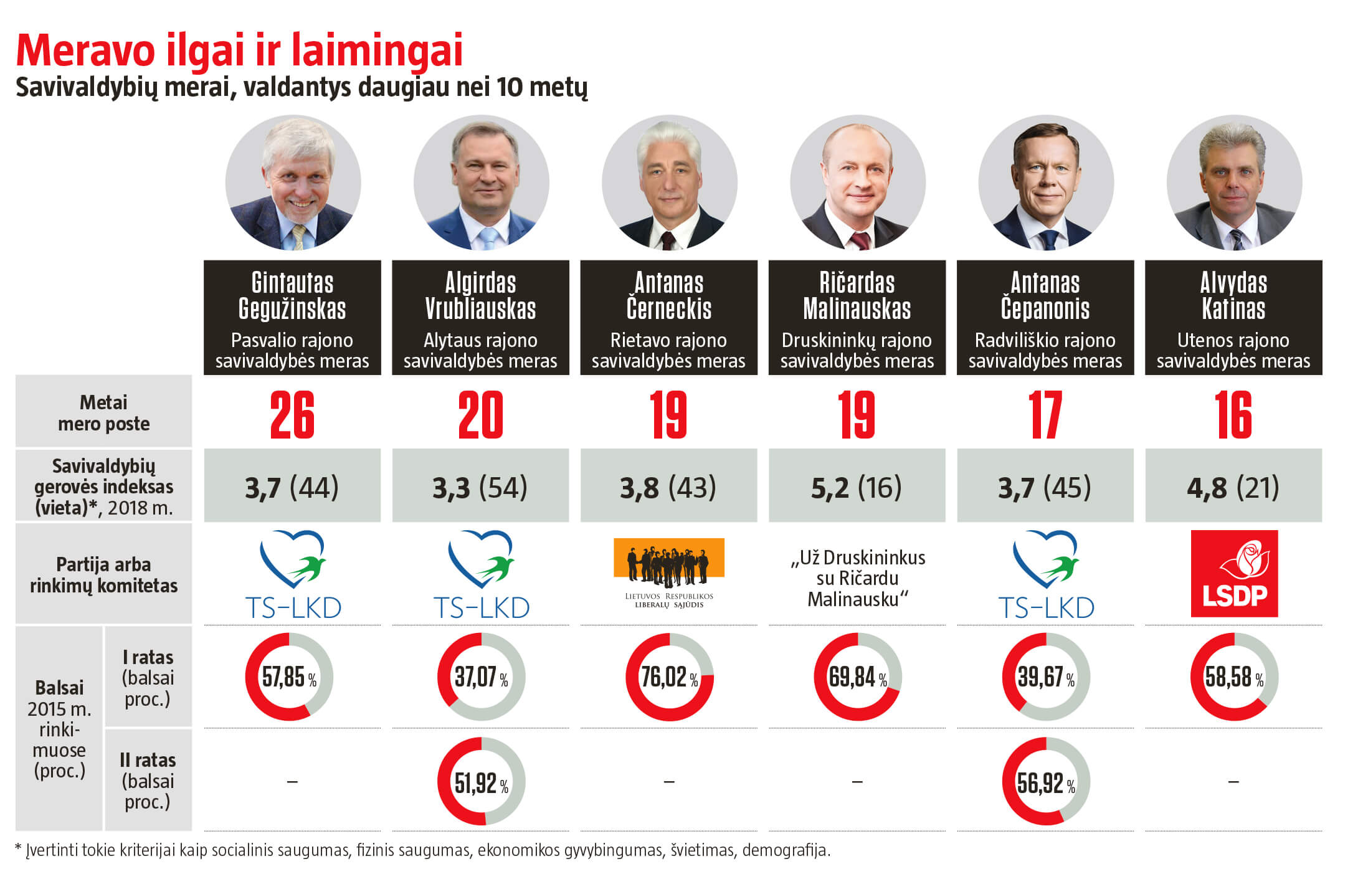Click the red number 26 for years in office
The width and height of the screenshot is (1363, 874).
pyautogui.click(x=292, y=415)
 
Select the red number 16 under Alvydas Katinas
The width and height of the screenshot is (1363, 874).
pyautogui.click(x=1233, y=415)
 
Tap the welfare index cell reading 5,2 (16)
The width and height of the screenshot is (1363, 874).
pyautogui.click(x=857, y=487)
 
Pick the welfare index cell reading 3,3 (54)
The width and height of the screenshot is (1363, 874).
pyautogui.click(x=480, y=487)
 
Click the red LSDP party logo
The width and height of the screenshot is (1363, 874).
pyautogui.click(x=1233, y=573)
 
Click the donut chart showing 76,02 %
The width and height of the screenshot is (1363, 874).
pyautogui.click(x=670, y=677)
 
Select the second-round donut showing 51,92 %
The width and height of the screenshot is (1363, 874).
pyautogui.click(x=481, y=781)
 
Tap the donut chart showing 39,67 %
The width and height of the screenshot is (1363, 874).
pyautogui.click(x=1046, y=677)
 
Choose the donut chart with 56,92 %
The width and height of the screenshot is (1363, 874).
pyautogui.click(x=1046, y=781)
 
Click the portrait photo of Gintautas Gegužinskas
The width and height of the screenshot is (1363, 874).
pyautogui.click(x=293, y=183)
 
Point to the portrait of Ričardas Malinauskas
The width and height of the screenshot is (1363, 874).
pyautogui.click(x=858, y=183)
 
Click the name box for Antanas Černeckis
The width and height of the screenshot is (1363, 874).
pyautogui.click(x=669, y=318)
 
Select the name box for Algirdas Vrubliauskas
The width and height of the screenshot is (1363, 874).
pyautogui.click(x=480, y=318)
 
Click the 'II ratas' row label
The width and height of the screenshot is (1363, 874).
pyautogui.click(x=148, y=780)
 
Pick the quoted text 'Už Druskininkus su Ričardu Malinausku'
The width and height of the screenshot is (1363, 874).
pyautogui.click(x=857, y=578)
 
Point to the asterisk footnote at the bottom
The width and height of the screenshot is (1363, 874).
pyautogui.click(x=422, y=850)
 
